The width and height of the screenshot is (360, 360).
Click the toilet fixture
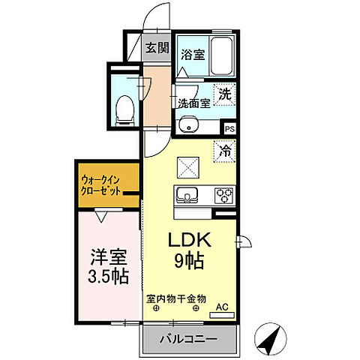126,109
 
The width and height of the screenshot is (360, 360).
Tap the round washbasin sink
188,124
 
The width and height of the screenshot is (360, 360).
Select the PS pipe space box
229,129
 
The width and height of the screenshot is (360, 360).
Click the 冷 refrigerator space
224,150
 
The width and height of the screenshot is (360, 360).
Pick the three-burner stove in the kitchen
224,195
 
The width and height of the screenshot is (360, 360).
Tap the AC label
223,306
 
